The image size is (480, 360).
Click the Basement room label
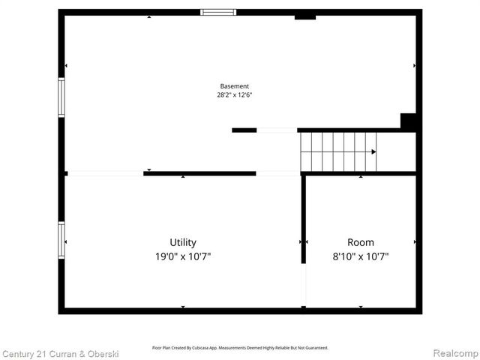tap(234, 86)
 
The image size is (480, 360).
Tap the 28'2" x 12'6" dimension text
tap(234, 95)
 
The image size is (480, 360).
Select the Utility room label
tap(183, 242)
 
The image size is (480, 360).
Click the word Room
tap(360, 242)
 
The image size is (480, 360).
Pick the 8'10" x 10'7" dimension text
tap(360, 256)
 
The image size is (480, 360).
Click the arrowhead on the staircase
tap(373, 151)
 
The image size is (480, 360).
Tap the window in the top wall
tap(218, 12)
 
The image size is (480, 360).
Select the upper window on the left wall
tap(61, 97)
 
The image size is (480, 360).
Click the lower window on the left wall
tap(61, 240)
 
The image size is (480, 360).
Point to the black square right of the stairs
tap(408, 121)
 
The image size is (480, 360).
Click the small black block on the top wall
tap(305, 16)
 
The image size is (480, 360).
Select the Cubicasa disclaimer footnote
tap(240, 348)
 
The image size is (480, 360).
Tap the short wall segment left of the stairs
tap(244, 130)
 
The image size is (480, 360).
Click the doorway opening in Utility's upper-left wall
tap(105, 173)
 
